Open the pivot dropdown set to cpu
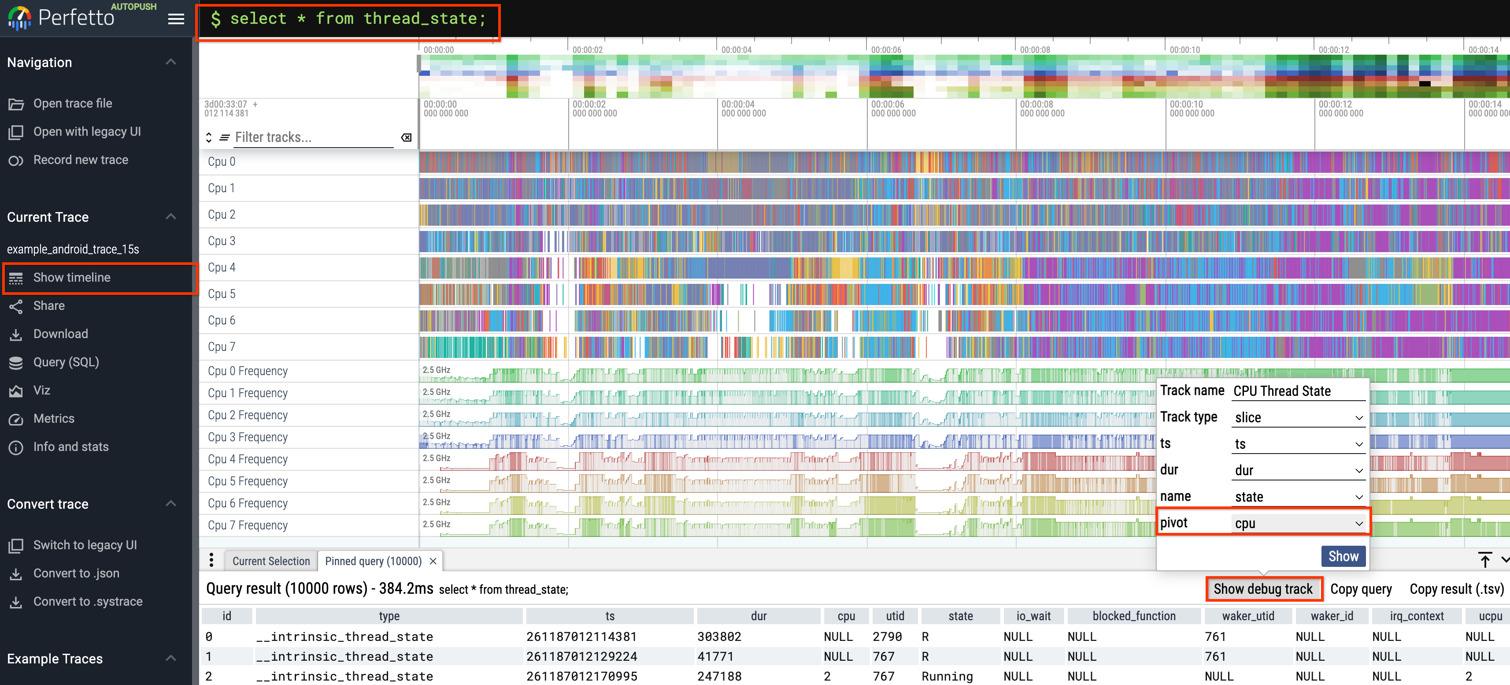(1298, 523)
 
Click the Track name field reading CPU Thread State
(1298, 391)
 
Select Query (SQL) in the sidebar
(66, 362)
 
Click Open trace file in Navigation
(72, 103)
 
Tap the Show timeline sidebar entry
(71, 277)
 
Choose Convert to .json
(76, 573)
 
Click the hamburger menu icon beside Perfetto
(176, 19)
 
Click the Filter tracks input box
(313, 137)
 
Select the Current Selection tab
(271, 561)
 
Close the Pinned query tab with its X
(433, 561)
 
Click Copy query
(1361, 589)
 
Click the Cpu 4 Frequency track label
(248, 459)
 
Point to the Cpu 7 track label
(222, 346)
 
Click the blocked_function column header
(1134, 616)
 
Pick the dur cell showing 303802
(719, 637)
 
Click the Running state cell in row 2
(947, 676)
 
